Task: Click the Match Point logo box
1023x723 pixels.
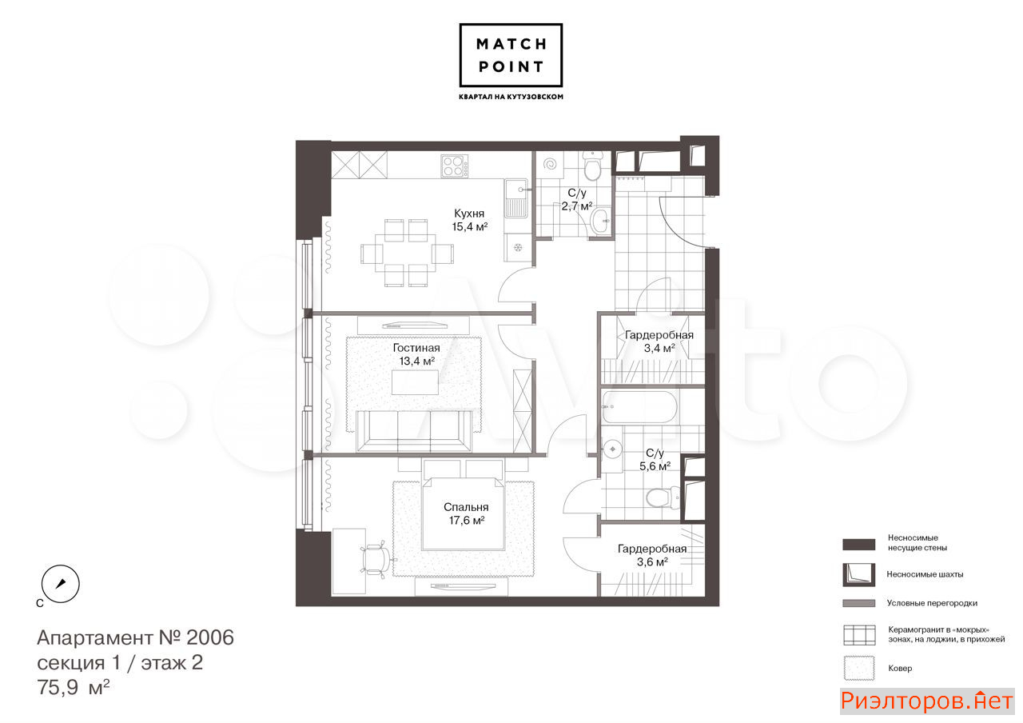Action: (x=511, y=55)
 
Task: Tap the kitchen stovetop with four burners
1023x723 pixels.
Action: (x=455, y=166)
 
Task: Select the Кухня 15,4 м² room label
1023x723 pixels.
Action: (x=469, y=220)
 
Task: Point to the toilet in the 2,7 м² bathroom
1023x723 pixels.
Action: (x=592, y=166)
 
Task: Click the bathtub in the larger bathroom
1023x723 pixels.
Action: (x=639, y=407)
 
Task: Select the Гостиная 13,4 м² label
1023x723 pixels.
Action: (x=416, y=354)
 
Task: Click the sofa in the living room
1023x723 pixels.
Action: (x=414, y=431)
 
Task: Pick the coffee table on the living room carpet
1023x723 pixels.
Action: (x=415, y=382)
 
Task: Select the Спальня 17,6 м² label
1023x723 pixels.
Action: (x=466, y=513)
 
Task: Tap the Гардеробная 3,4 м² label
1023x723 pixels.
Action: (x=659, y=342)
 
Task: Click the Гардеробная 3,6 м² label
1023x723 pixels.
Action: (x=652, y=555)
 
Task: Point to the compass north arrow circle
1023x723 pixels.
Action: (x=60, y=584)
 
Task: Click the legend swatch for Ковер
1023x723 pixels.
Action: (x=859, y=668)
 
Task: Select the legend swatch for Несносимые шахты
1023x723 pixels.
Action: (x=859, y=574)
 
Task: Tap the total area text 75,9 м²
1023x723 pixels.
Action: (x=73, y=687)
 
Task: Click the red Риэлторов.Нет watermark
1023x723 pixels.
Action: (x=926, y=701)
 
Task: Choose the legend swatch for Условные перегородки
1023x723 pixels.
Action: (x=859, y=603)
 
